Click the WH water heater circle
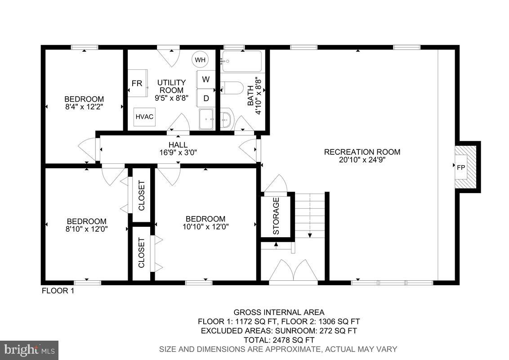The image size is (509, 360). click(x=200, y=59)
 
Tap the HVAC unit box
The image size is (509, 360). click(x=144, y=117)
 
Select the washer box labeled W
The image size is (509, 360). click(x=206, y=80)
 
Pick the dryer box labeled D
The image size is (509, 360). click(x=206, y=98)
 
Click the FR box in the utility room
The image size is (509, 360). click(x=137, y=83)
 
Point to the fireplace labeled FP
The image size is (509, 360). click(x=461, y=167)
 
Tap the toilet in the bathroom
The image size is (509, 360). click(x=232, y=88)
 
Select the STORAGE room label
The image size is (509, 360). click(x=276, y=216)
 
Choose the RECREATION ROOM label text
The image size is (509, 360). click(x=362, y=152)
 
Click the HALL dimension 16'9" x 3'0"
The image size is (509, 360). click(x=178, y=152)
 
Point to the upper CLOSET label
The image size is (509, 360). click(x=141, y=195)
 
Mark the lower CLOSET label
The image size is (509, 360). click(x=141, y=253)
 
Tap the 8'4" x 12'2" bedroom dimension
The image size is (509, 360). click(x=84, y=107)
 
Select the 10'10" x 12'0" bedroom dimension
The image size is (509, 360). click(x=206, y=227)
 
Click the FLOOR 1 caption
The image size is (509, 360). click(x=58, y=291)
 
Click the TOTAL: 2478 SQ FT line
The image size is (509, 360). click(x=279, y=340)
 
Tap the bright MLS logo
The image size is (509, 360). click(x=29, y=350)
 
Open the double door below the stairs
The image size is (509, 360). click(x=293, y=271)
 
